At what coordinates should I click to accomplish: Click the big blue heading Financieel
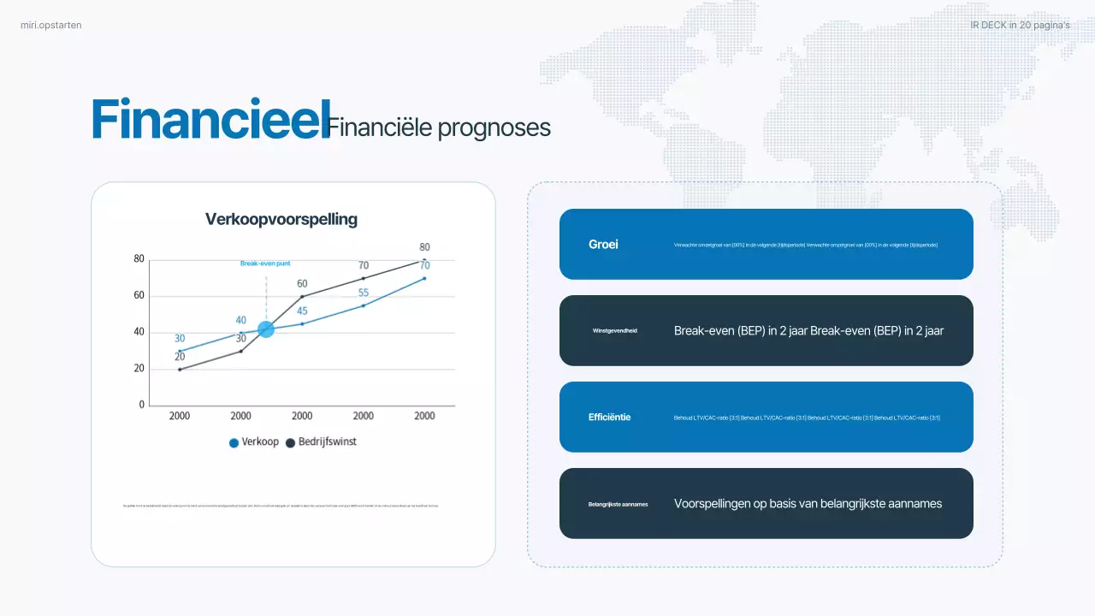point(210,120)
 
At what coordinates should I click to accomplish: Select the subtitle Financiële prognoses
point(439,128)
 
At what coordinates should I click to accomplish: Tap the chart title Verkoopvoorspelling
point(281,219)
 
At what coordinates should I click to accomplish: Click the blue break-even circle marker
point(266,329)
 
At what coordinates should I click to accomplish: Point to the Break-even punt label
point(264,264)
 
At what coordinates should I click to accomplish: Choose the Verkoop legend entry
point(254,442)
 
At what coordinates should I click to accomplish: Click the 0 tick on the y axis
point(142,406)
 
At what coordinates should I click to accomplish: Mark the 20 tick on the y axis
point(139,369)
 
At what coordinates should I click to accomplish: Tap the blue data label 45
point(302,311)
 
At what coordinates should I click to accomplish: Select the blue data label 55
point(364,293)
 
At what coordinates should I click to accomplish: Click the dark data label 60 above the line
point(302,283)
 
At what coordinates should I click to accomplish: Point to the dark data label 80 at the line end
point(424,247)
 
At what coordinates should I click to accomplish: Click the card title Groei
point(603,245)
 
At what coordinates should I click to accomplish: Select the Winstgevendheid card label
point(615,330)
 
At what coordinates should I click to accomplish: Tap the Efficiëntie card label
point(609,418)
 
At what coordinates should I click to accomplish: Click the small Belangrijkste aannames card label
point(618,504)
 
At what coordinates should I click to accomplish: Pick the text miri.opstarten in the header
point(51,25)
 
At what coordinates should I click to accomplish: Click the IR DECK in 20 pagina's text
point(1020,25)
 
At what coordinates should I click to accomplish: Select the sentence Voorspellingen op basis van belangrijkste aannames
point(808,504)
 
